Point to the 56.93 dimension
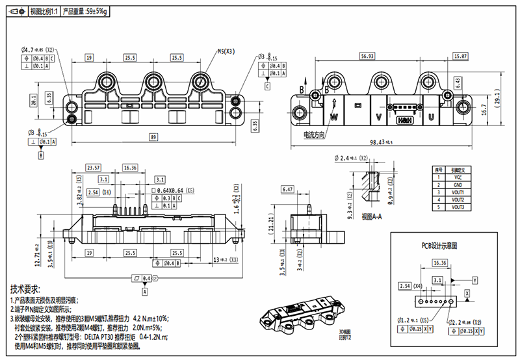(367, 57)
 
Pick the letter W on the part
(334, 118)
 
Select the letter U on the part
(430, 118)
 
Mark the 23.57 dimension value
(94, 168)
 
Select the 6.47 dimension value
(289, 189)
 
